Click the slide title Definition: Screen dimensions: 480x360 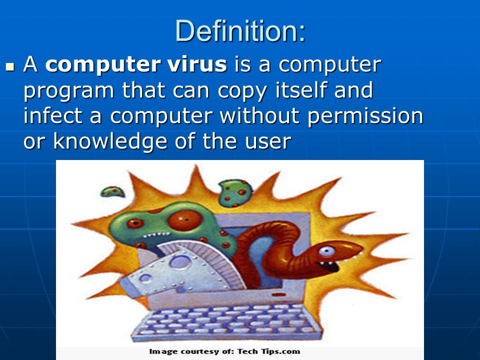(x=240, y=30)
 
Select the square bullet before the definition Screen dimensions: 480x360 (x=10, y=66)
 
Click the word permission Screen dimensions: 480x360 (x=365, y=117)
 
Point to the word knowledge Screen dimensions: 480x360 (x=110, y=141)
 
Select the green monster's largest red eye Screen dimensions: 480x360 (x=184, y=220)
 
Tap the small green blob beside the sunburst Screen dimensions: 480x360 (x=112, y=192)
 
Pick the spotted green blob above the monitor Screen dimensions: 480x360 (x=235, y=193)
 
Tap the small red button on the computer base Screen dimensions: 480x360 (x=279, y=294)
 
